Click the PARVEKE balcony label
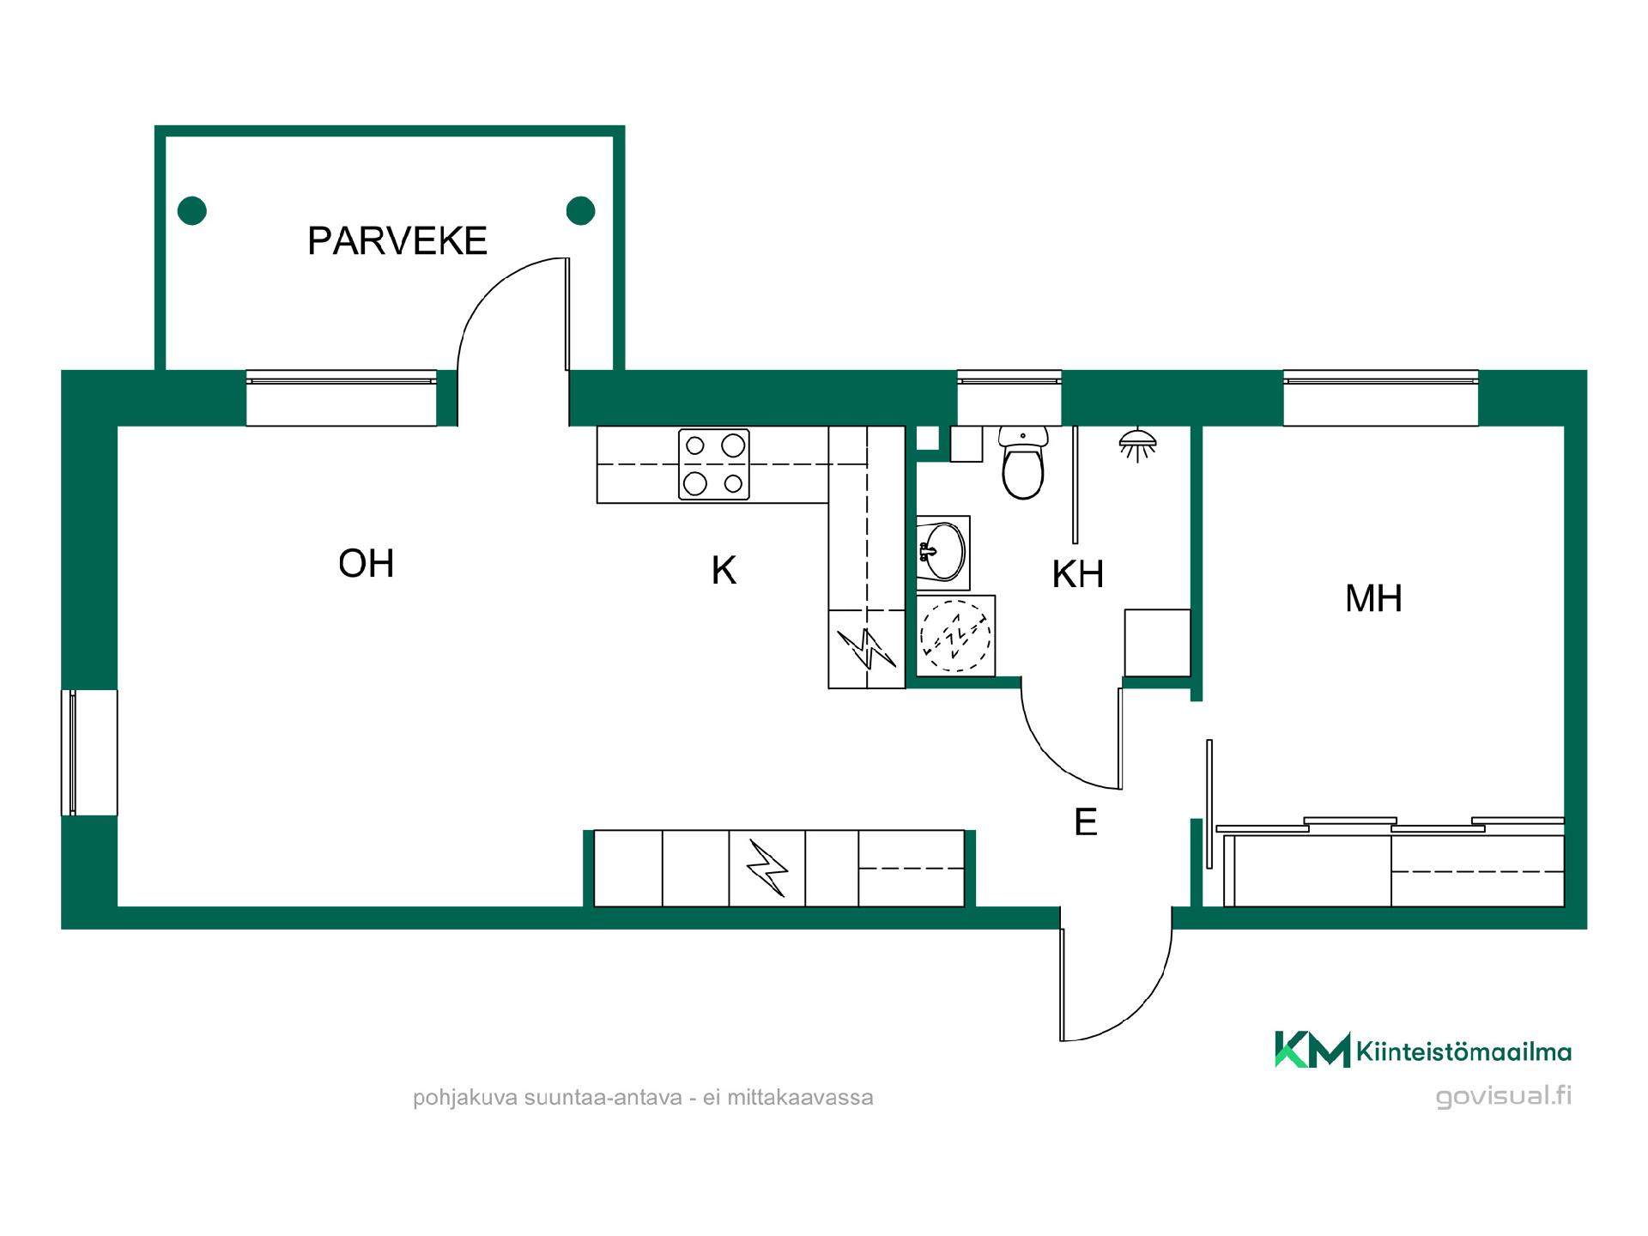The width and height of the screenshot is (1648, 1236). (x=397, y=241)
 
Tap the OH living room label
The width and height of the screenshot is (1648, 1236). (x=367, y=564)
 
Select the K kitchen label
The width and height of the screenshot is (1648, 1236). (x=724, y=571)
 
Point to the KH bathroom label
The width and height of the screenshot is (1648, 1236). (x=1078, y=574)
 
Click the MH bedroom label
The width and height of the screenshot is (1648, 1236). (x=1373, y=598)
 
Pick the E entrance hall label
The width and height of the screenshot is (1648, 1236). (x=1086, y=822)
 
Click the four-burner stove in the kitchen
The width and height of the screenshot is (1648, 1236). (x=714, y=464)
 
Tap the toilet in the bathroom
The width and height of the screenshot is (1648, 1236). (x=1023, y=463)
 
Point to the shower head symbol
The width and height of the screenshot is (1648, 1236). (x=1137, y=444)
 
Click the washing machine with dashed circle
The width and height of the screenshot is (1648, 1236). (x=955, y=636)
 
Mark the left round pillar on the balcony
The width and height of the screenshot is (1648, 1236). (x=192, y=210)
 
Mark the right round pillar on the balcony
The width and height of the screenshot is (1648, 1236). (x=581, y=210)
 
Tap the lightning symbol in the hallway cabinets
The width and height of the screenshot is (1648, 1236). (x=767, y=868)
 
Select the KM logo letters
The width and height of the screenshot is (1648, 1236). (x=1312, y=1050)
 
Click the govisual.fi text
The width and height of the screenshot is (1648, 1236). (x=1504, y=1096)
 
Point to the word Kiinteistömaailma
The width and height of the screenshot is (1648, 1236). (x=1464, y=1051)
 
